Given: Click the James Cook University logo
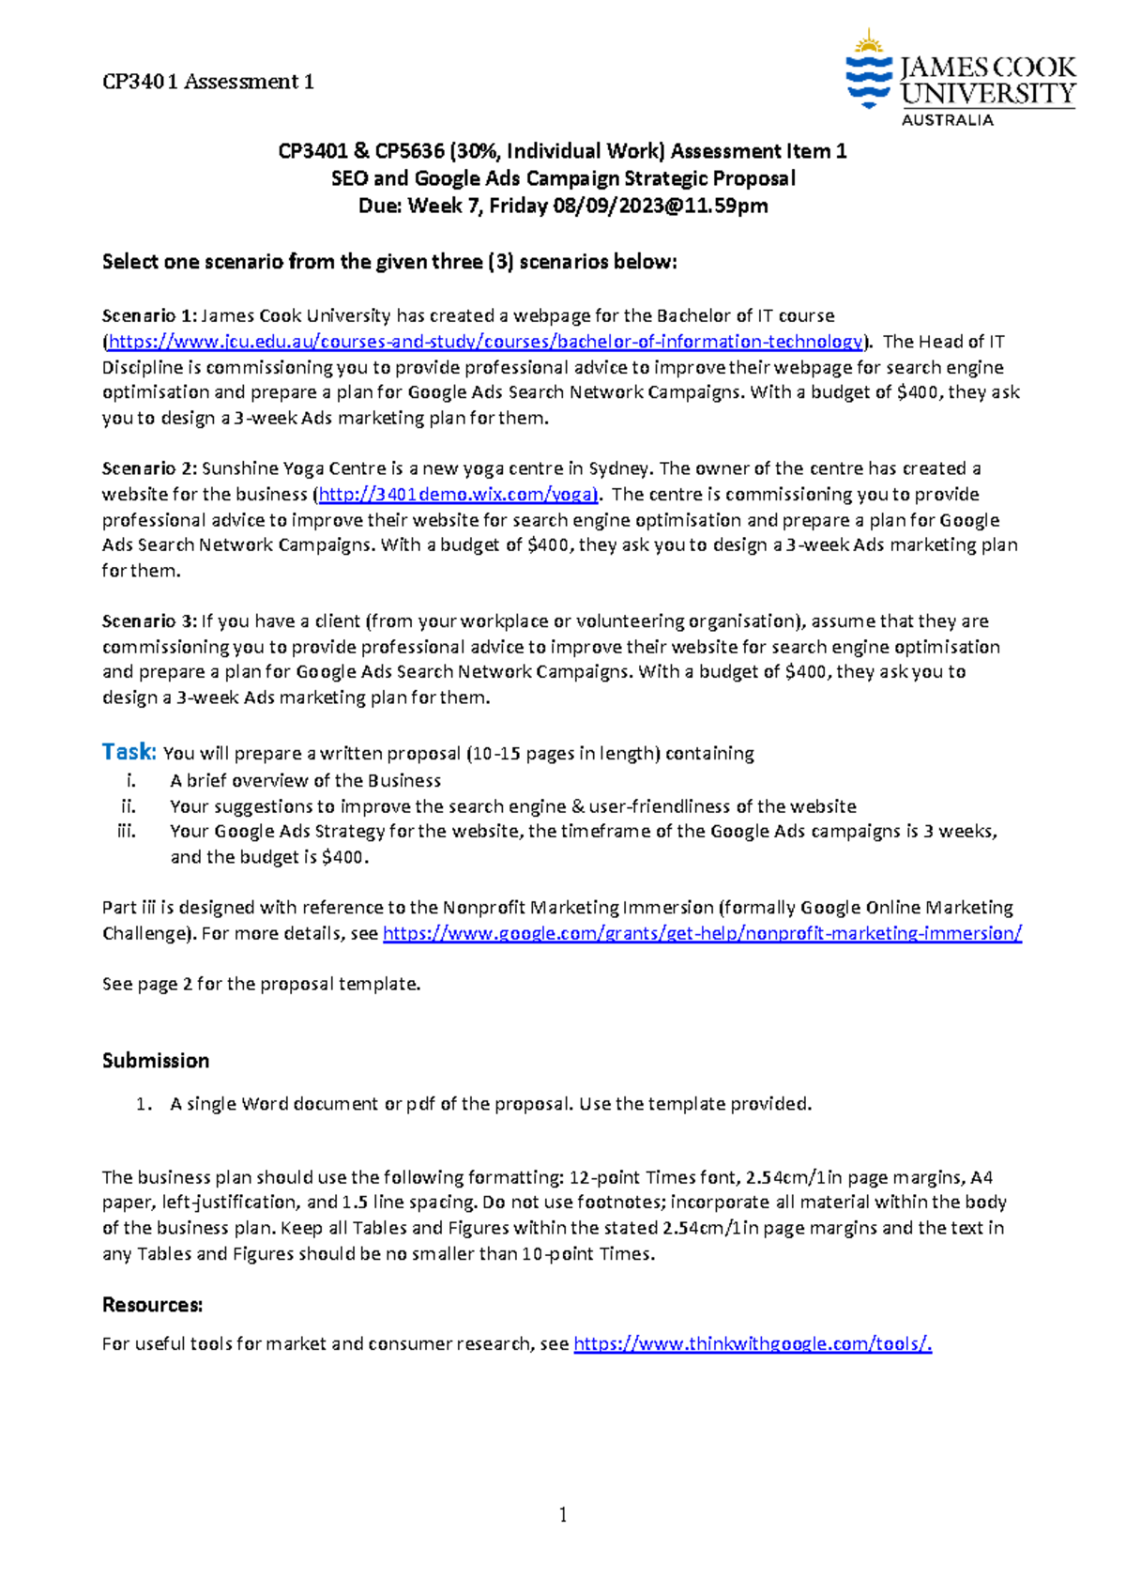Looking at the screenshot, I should click(x=960, y=77).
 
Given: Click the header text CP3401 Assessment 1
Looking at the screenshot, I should click(x=207, y=82).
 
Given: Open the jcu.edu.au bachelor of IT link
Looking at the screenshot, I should click(x=485, y=342).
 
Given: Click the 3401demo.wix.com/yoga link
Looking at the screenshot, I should click(x=457, y=495).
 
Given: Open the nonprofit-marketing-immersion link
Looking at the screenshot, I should click(x=702, y=934).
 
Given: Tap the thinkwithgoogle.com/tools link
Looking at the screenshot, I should click(x=752, y=1344).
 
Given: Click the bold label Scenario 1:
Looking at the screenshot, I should click(x=149, y=316).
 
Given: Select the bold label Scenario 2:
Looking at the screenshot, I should click(x=149, y=469).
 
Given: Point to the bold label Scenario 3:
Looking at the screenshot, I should click(x=149, y=621).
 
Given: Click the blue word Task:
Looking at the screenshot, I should click(x=129, y=752).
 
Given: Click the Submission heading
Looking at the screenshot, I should click(x=156, y=1061).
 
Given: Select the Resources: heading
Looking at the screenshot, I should click(x=152, y=1305).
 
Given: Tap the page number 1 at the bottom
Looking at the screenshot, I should click(x=563, y=1514).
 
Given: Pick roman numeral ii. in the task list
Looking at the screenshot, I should click(x=129, y=806).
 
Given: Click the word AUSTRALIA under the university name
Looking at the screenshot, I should click(x=947, y=120).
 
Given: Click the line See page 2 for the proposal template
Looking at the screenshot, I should click(x=261, y=984).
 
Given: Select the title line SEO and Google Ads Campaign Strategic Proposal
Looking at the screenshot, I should click(x=563, y=178).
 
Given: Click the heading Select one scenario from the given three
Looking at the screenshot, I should click(x=388, y=262).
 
